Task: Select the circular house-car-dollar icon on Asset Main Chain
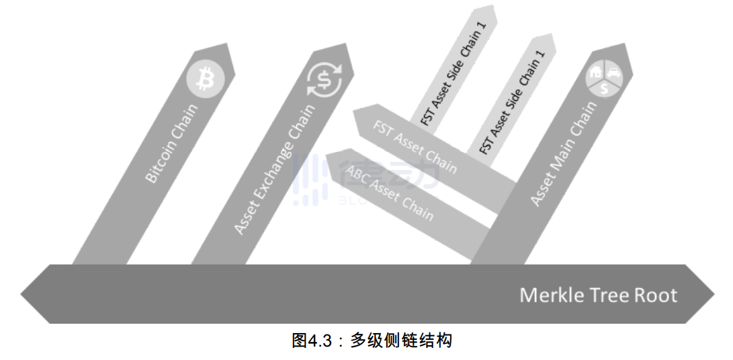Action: pos(605,79)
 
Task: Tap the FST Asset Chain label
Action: pos(415,146)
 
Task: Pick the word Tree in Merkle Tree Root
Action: pos(611,295)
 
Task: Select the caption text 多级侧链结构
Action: pos(401,341)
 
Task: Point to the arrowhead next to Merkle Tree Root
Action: pos(702,294)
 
